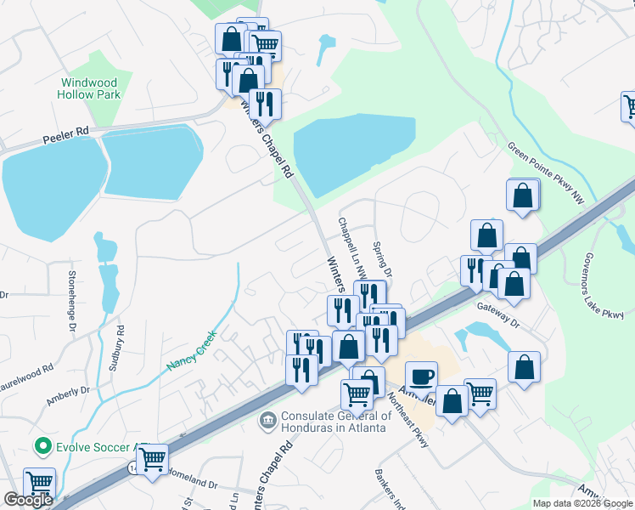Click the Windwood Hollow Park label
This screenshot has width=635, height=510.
pyautogui.click(x=90, y=88)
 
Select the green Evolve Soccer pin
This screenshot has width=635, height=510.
pyautogui.click(x=42, y=446)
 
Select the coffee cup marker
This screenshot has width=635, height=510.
pyautogui.click(x=421, y=377)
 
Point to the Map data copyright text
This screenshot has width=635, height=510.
pyautogui.click(x=583, y=503)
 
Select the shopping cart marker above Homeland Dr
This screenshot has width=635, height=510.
pyautogui.click(x=152, y=460)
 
